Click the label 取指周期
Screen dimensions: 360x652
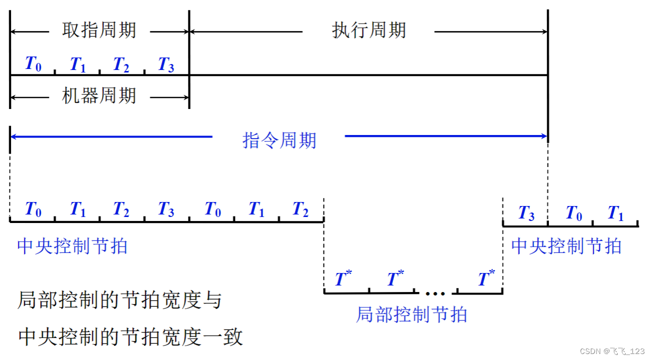pyautogui.click(x=99, y=31)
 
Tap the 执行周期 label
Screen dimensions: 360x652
pyautogui.click(x=369, y=31)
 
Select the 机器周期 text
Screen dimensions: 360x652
pyautogui.click(x=99, y=95)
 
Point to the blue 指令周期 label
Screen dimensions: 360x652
pyautogui.click(x=279, y=140)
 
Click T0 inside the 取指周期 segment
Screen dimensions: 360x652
pyautogui.click(x=33, y=64)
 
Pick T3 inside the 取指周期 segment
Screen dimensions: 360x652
pyautogui.click(x=166, y=64)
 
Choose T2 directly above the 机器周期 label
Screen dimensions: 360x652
pyautogui.click(x=121, y=64)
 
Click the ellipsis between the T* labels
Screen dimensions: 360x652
pyautogui.click(x=435, y=291)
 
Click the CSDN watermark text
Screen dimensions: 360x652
pyautogui.click(x=612, y=351)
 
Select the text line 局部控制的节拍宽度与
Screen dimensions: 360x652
pyautogui.click(x=119, y=300)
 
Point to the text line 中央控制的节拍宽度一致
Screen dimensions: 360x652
pyautogui.click(x=130, y=336)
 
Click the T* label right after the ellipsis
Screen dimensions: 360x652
pyautogui.click(x=485, y=278)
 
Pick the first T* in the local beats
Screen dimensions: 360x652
pyautogui.click(x=343, y=278)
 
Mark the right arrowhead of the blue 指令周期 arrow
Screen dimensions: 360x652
pyautogui.click(x=544, y=136)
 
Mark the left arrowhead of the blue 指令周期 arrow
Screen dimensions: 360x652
pyautogui.click(x=13, y=136)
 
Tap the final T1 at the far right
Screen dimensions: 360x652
pyautogui.click(x=615, y=213)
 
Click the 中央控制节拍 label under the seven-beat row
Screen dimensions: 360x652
pyautogui.click(x=72, y=246)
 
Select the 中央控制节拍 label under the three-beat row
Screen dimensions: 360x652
pyautogui.click(x=566, y=246)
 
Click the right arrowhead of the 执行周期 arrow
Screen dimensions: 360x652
pyautogui.click(x=544, y=32)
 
